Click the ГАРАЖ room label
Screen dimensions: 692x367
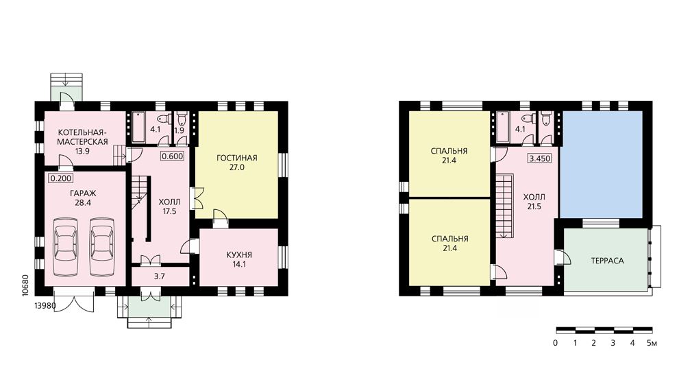coord(82,193)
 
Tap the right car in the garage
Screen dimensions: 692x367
coord(101,246)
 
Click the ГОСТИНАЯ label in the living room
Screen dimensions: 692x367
coord(237,158)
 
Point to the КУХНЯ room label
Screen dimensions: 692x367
coord(238,255)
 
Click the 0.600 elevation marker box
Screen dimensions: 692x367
coord(172,156)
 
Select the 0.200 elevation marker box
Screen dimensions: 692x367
coord(60,178)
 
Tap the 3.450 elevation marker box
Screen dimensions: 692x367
coord(540,158)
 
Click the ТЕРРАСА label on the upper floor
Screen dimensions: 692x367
coord(608,261)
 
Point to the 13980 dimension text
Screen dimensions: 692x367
coord(45,305)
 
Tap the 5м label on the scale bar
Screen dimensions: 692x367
coord(652,343)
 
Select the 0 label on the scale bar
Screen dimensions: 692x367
coord(555,343)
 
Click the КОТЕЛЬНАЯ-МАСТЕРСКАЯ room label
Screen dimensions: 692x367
coord(83,137)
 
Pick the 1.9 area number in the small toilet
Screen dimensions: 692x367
coord(180,130)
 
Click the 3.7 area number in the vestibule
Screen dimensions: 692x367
coord(160,276)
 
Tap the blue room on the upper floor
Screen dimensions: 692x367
coord(602,164)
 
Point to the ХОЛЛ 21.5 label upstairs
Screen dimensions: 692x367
coord(534,202)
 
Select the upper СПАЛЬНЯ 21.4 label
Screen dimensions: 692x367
coord(449,156)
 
